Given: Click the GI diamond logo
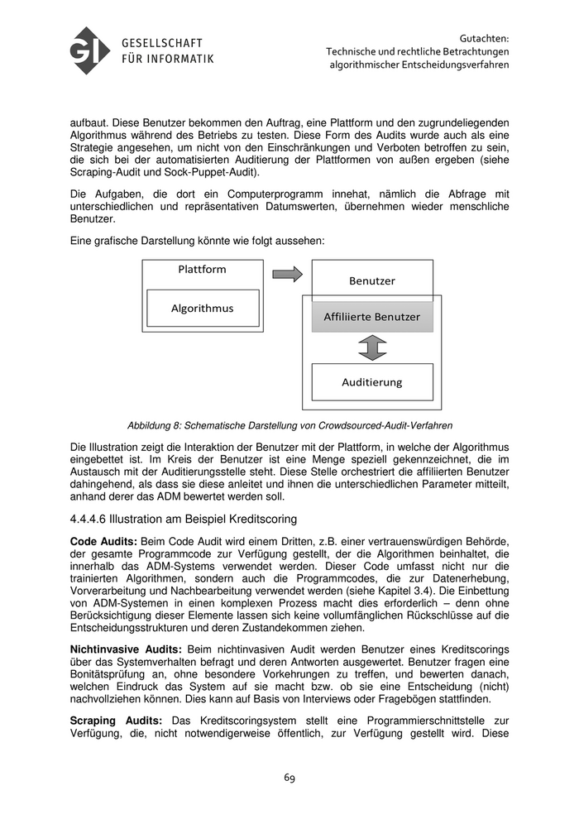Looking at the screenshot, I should [x=90, y=50].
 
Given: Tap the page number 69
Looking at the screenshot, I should [x=289, y=777].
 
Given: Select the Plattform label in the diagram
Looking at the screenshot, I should [x=202, y=269].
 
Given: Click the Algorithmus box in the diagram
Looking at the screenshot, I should [x=203, y=308].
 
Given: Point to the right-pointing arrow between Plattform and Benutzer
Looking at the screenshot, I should [x=288, y=275].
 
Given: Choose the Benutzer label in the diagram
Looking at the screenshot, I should [x=371, y=280].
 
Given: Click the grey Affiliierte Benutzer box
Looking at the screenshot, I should [x=371, y=317].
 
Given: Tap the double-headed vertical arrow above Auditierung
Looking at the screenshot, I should [x=372, y=347].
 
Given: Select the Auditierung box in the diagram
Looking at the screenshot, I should [x=371, y=382].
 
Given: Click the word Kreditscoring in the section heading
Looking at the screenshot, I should [x=260, y=519].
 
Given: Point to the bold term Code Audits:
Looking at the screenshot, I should [x=103, y=539].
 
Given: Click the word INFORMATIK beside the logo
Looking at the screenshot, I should [x=179, y=58].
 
